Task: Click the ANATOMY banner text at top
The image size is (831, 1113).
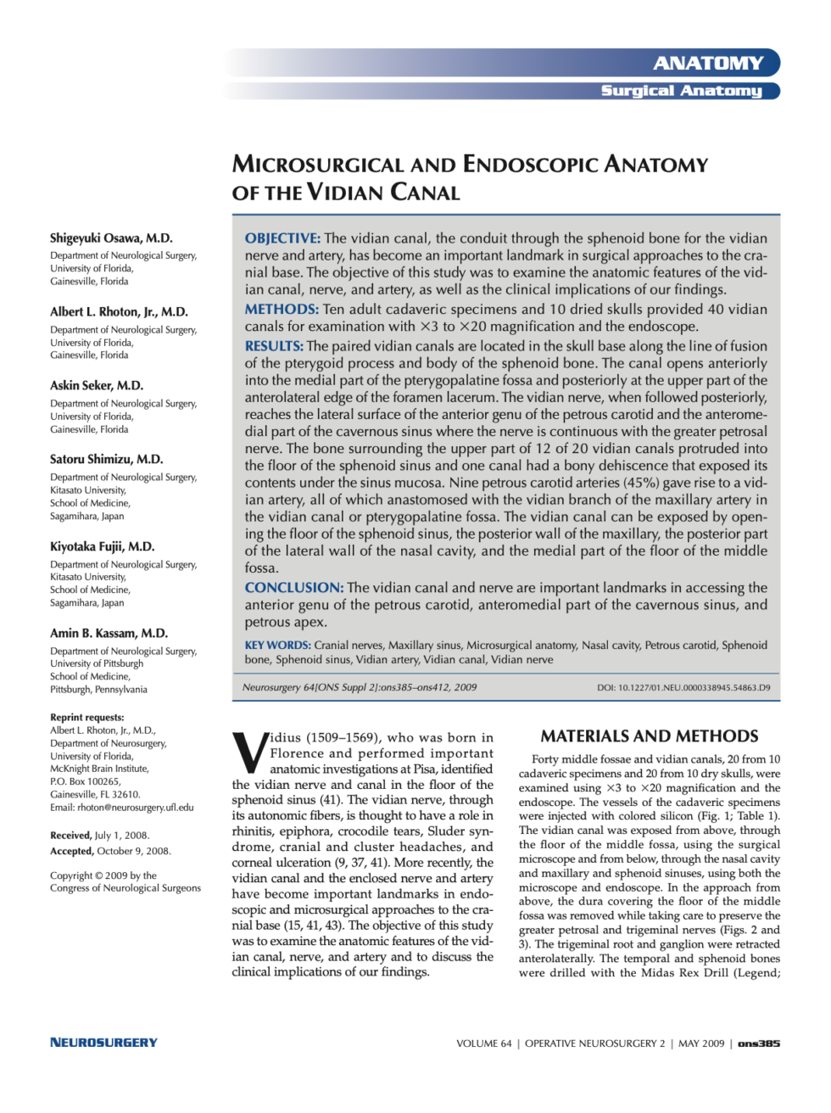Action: (708, 63)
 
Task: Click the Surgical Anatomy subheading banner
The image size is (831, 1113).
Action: (681, 91)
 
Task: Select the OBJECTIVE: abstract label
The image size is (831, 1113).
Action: (282, 238)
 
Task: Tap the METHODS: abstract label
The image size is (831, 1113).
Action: (282, 310)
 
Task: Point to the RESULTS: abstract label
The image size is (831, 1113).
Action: (274, 346)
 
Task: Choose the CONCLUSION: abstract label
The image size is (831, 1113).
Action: (293, 588)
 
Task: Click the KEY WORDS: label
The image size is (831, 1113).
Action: (277, 646)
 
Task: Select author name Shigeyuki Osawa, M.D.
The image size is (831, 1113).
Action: (111, 238)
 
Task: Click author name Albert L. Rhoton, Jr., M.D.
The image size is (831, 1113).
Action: (119, 312)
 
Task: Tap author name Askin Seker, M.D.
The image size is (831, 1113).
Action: (97, 385)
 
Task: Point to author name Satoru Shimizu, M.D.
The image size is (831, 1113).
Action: (106, 459)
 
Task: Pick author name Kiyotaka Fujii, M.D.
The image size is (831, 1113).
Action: (102, 546)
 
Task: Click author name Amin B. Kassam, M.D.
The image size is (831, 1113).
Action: (109, 633)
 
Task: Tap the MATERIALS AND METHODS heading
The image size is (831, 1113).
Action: (650, 736)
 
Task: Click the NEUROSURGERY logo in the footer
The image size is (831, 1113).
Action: (103, 1043)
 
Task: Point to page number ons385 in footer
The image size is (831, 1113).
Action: (759, 1043)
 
